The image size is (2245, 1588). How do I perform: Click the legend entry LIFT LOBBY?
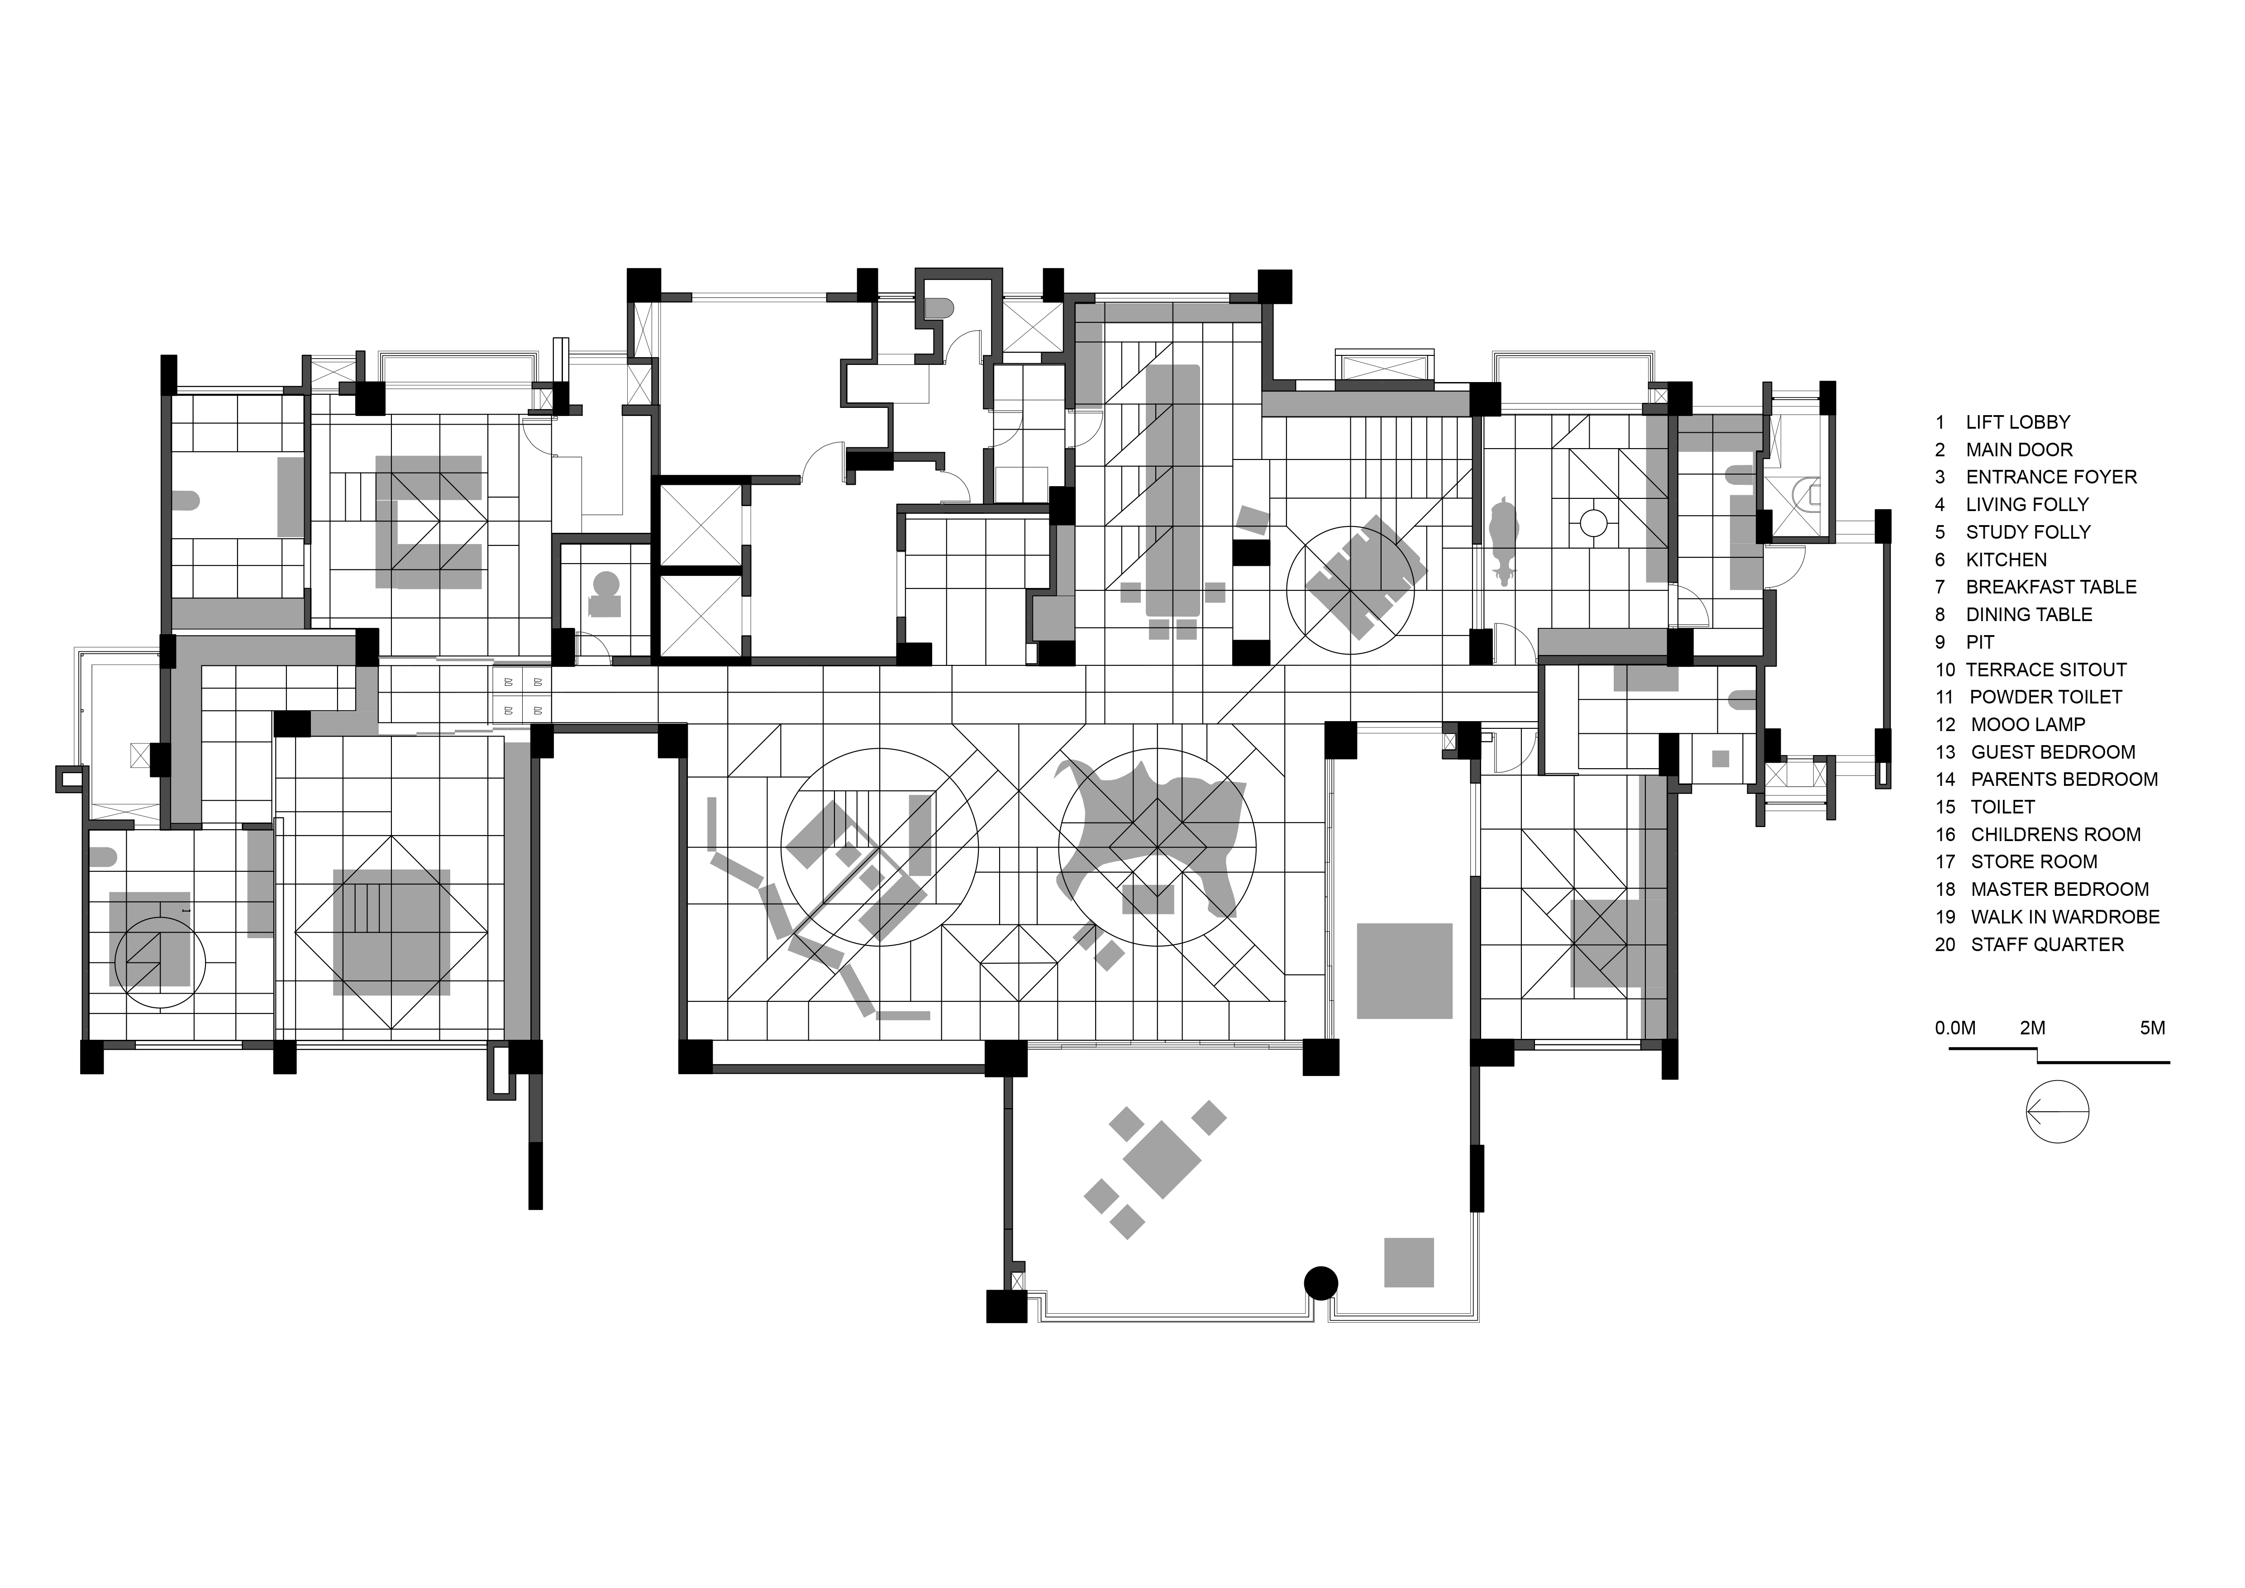(2017, 422)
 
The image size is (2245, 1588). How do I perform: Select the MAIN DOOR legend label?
(2019, 450)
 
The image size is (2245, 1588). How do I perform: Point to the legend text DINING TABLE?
(2029, 615)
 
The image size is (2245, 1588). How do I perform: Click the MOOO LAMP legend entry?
(2028, 725)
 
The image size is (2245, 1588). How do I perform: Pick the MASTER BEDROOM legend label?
(2059, 890)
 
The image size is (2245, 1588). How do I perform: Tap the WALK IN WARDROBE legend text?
(2065, 917)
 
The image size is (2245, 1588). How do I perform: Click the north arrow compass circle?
(2057, 1112)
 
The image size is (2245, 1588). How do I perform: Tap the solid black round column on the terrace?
(1321, 1282)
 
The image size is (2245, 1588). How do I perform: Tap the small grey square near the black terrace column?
(1408, 1263)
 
